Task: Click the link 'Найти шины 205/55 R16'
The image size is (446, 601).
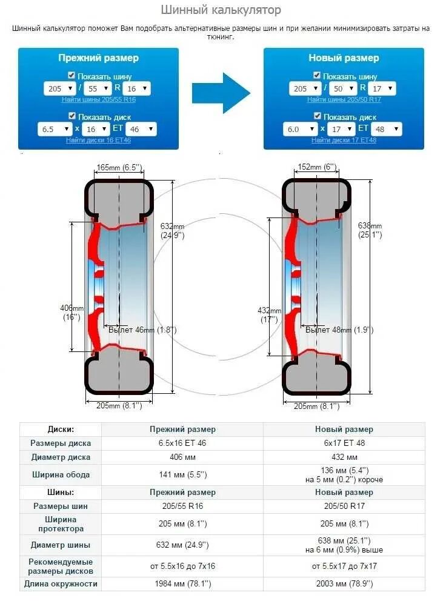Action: coord(98,99)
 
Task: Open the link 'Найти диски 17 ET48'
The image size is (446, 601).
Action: coord(344,140)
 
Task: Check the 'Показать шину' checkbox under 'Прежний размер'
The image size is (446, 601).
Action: coord(72,76)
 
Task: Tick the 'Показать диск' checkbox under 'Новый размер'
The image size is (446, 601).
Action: coord(317,116)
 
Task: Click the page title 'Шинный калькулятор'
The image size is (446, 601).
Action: coord(221,10)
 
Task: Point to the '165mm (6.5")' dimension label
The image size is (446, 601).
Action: coord(119,167)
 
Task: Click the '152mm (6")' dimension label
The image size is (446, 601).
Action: coord(318,167)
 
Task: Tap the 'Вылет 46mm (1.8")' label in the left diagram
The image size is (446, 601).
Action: coord(142,330)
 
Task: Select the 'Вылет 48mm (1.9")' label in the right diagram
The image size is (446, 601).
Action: coord(339,330)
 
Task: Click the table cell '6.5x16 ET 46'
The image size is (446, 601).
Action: coord(182,443)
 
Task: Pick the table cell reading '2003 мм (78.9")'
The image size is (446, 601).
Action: coord(344,584)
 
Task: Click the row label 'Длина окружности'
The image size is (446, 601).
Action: coord(61,584)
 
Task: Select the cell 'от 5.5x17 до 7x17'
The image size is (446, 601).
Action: coord(344,566)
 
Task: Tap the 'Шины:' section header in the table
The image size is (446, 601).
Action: coord(61,492)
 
